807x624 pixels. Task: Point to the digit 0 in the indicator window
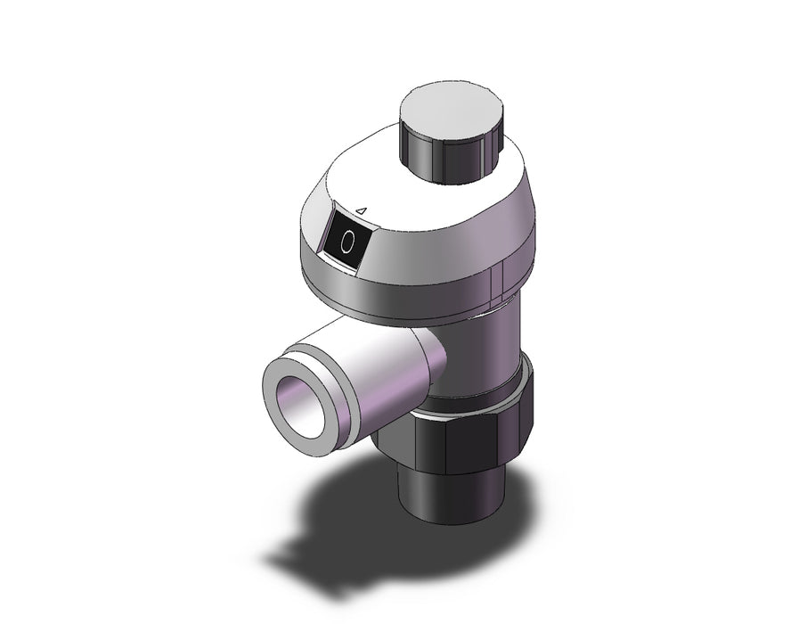pyautogui.click(x=347, y=242)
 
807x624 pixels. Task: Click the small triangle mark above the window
pyautogui.click(x=362, y=210)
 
